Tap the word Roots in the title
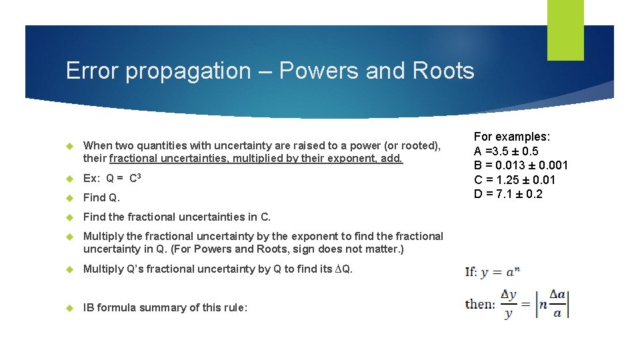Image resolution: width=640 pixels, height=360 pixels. (x=443, y=71)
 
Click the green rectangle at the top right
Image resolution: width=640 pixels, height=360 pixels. (x=565, y=30)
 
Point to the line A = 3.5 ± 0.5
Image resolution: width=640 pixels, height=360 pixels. (x=506, y=151)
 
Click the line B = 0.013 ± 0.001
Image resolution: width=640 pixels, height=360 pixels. (x=521, y=165)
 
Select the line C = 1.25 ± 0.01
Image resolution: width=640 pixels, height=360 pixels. (x=515, y=180)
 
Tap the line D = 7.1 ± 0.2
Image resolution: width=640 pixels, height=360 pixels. (x=508, y=194)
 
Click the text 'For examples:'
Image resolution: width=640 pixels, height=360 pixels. (x=512, y=137)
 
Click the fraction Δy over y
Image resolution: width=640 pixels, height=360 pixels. (x=509, y=304)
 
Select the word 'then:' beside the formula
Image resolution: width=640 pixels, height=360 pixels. (x=481, y=303)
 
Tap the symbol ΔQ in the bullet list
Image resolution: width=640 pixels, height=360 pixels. (x=343, y=269)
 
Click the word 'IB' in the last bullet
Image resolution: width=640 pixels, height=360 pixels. (x=89, y=307)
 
